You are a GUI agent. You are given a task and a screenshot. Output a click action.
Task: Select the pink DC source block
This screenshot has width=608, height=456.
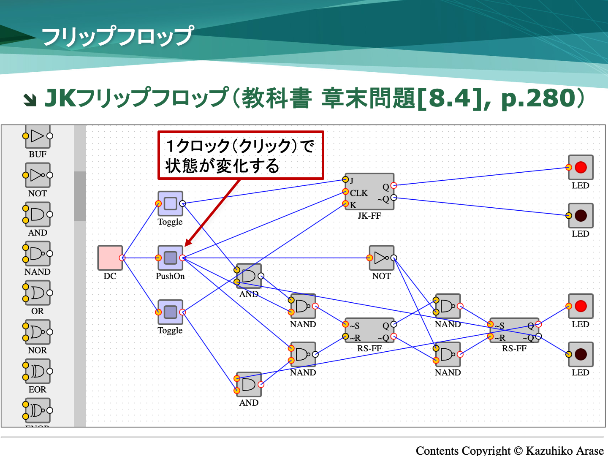[110, 258]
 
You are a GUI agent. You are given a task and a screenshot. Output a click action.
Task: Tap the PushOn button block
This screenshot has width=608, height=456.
[170, 258]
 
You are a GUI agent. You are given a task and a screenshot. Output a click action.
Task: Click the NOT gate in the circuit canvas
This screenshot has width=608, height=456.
[381, 258]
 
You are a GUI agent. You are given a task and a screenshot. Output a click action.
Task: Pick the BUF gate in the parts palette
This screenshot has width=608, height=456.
[38, 136]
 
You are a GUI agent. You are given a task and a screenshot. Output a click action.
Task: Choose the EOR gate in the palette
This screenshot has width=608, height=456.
[38, 371]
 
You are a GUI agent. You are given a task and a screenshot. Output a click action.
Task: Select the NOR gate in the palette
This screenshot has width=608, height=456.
[38, 332]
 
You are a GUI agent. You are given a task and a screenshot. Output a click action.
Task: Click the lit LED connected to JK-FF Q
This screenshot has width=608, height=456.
[581, 168]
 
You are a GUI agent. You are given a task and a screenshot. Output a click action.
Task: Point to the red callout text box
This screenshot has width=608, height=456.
[241, 155]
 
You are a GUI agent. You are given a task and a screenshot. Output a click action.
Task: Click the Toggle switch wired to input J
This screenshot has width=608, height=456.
[170, 204]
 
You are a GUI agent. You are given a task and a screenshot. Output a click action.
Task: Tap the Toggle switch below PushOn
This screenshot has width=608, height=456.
[170, 312]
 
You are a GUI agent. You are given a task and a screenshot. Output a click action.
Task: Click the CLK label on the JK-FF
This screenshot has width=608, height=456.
[359, 193]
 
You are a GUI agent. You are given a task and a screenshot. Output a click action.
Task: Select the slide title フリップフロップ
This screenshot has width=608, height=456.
[118, 36]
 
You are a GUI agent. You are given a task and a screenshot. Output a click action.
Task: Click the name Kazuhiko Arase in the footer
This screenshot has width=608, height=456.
[565, 451]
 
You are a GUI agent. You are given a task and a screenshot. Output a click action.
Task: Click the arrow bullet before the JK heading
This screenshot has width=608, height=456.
[30, 100]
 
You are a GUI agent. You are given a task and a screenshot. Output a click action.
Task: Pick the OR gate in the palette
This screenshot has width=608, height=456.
[38, 293]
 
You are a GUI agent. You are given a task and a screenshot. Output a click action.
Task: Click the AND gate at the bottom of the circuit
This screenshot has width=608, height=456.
[249, 384]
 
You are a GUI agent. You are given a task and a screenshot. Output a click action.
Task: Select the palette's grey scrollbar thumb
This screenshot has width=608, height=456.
[80, 196]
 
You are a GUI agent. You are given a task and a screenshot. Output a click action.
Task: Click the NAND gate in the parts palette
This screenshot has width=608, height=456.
[38, 254]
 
